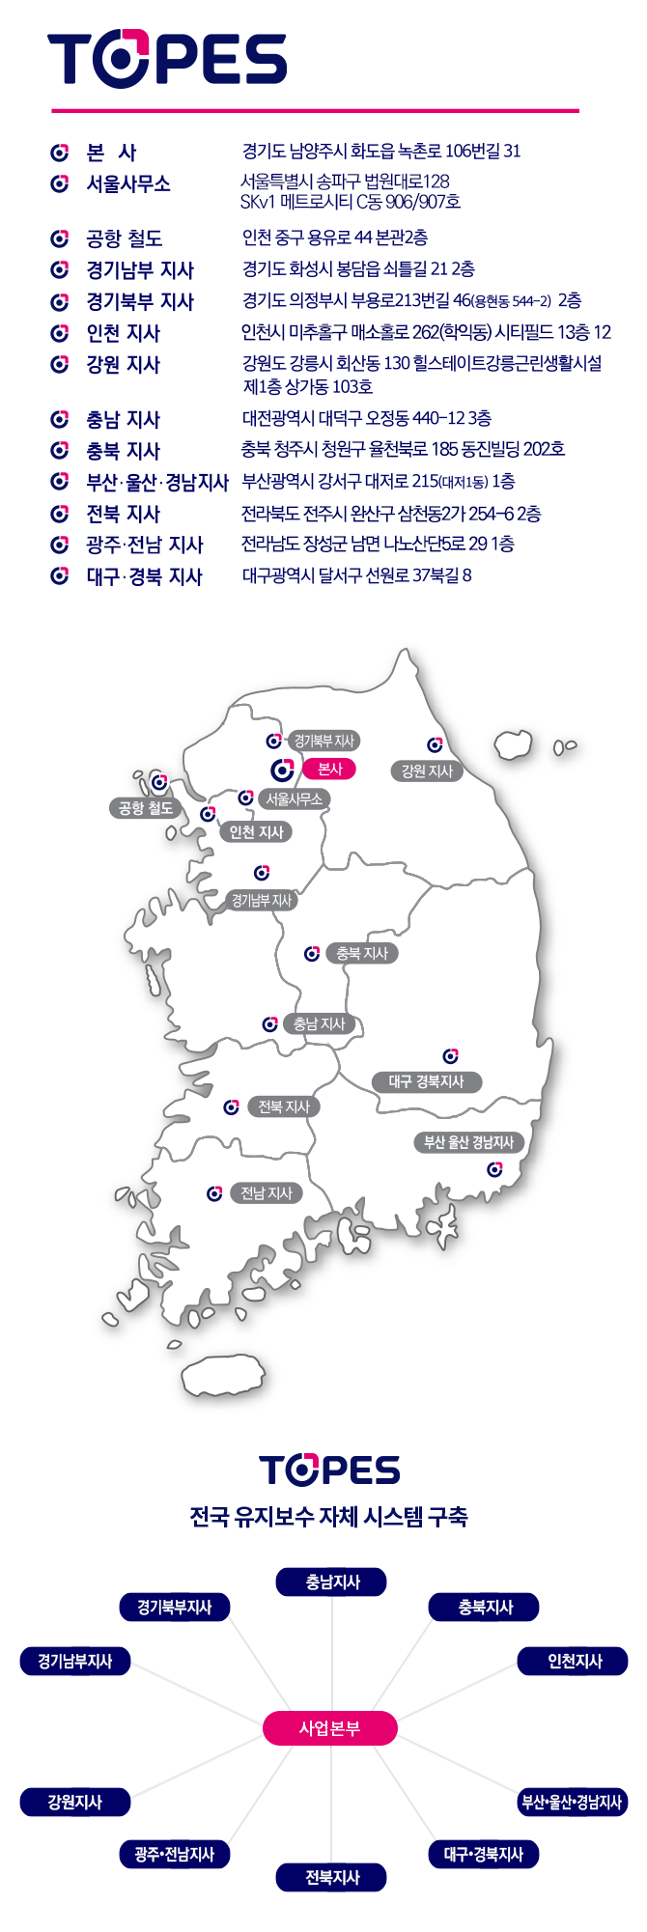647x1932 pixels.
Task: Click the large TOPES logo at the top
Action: click(167, 59)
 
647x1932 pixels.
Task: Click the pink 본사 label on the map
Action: click(329, 769)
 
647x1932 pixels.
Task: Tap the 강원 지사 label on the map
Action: click(426, 770)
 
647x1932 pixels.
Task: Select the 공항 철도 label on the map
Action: click(145, 808)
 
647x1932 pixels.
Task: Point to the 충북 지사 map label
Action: click(361, 953)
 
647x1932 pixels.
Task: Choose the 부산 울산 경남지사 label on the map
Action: click(468, 1142)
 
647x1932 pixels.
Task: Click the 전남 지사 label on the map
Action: click(266, 1193)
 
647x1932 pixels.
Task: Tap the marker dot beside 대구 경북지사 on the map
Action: click(450, 1056)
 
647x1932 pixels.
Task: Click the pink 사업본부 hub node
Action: click(329, 1728)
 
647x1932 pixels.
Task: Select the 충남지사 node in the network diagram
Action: click(331, 1582)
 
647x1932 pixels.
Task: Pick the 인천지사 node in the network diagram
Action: click(574, 1661)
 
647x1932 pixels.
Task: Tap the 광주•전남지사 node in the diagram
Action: click(175, 1854)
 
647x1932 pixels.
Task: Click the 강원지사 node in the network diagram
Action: click(74, 1802)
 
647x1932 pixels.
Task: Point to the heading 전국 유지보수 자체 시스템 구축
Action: click(328, 1517)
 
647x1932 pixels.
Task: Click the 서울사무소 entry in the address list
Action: click(127, 183)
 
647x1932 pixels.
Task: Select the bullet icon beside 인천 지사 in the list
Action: click(60, 333)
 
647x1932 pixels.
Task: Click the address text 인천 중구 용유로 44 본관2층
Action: click(335, 238)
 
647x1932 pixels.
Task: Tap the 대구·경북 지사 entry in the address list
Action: click(144, 576)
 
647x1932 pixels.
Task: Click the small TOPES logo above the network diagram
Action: click(329, 1470)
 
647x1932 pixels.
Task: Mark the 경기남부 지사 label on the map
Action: click(261, 900)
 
